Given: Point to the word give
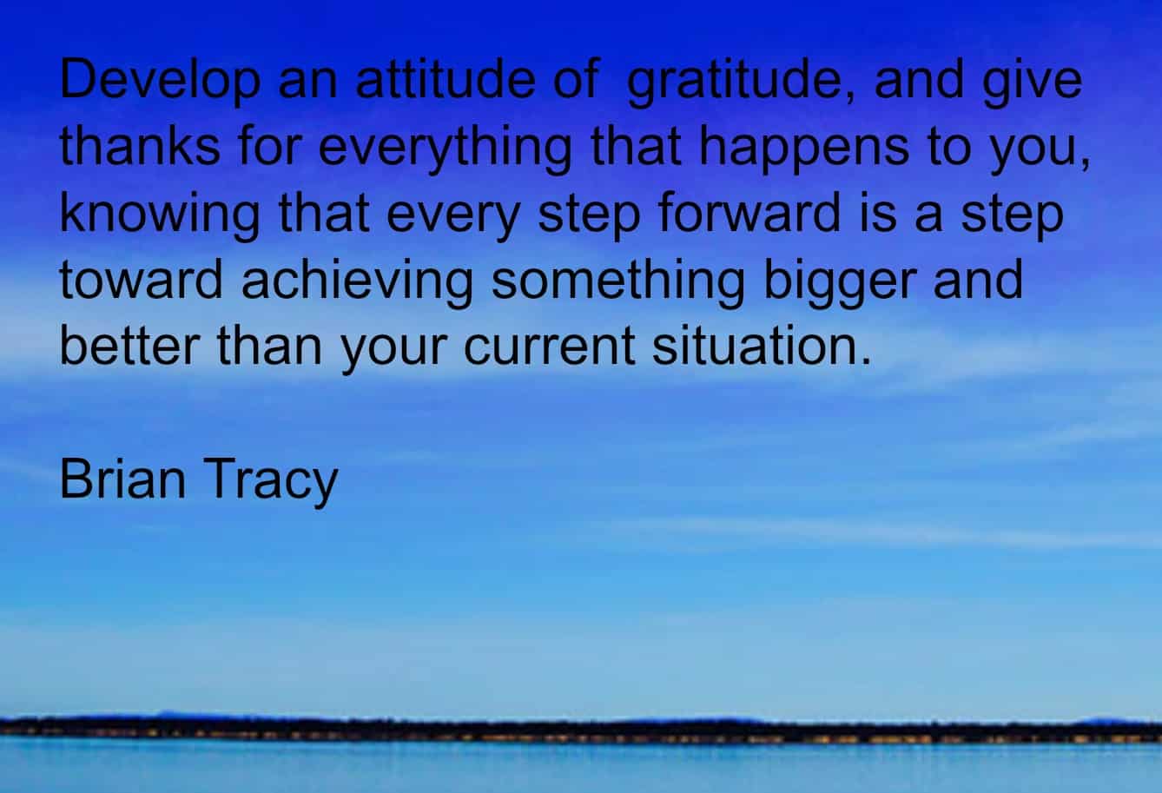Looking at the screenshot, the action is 1033,82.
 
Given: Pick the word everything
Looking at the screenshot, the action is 445,149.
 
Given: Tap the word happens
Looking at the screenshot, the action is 804,149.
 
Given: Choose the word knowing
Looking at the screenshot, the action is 160,216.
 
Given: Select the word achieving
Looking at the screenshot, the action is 358,283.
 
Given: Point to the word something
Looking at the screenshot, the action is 618,283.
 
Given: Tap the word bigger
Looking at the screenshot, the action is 841,283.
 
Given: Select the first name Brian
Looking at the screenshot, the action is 122,479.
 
